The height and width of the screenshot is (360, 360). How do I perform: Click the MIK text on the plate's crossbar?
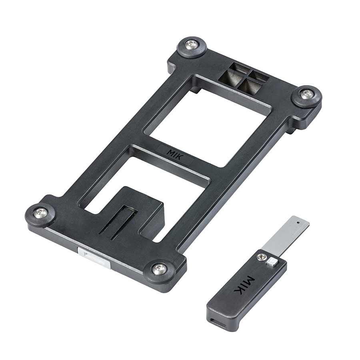click(175, 154)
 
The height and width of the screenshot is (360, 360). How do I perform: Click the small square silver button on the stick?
click(272, 262)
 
